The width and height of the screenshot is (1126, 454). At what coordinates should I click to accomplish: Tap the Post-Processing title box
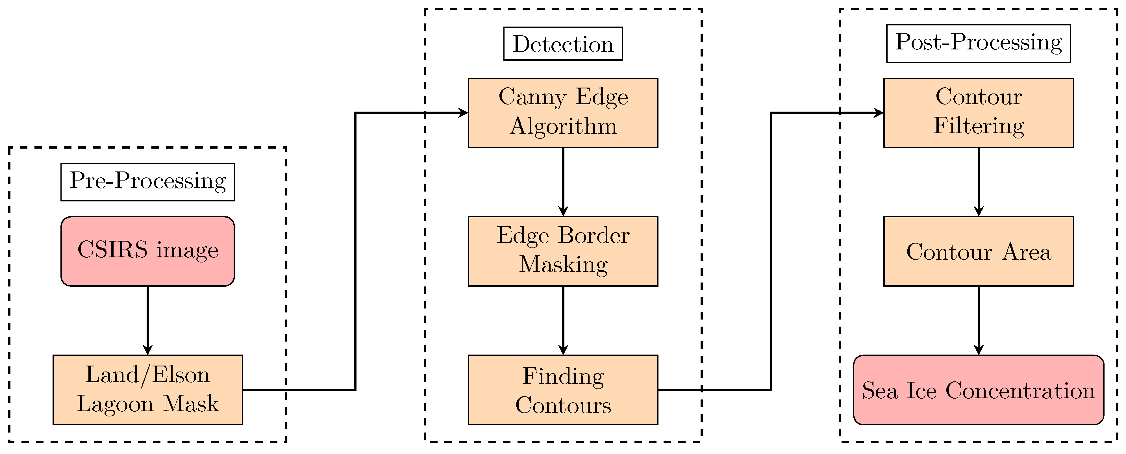pos(978,43)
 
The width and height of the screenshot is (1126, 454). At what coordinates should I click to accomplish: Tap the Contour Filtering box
pos(978,113)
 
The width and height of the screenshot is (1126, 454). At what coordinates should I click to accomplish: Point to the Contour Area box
pos(978,251)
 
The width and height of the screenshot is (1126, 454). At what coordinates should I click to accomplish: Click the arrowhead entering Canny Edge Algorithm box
pos(463,113)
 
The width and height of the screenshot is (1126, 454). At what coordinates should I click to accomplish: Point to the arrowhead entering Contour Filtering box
pos(879,113)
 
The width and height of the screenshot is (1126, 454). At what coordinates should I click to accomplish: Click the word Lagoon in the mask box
pos(115,404)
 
